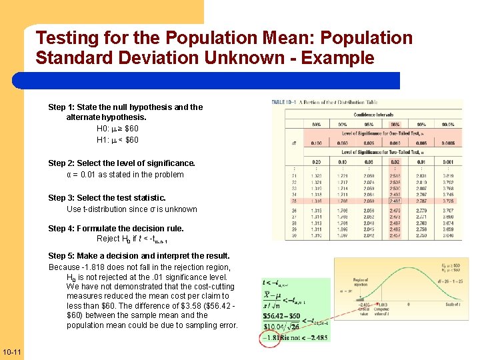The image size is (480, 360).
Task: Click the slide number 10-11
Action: pos(12,352)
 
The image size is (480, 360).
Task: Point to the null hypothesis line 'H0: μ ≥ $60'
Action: pos(117,128)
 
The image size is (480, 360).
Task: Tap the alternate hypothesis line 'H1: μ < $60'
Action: pos(117,140)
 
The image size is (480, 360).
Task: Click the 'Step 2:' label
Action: pos(61,163)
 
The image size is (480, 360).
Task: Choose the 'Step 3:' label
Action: pos(61,197)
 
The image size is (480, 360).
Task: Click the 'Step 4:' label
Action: pos(61,228)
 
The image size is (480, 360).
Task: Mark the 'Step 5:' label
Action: pos(61,255)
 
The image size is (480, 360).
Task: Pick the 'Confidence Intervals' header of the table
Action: pos(375,114)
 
